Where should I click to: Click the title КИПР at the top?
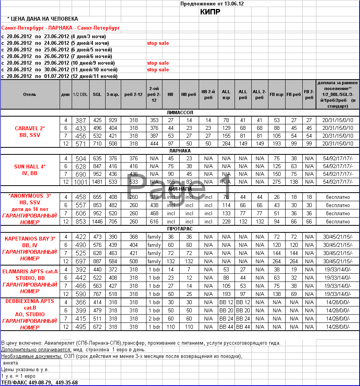pyautogui.click(x=210, y=12)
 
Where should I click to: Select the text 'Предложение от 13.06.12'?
pyautogui.click(x=212, y=4)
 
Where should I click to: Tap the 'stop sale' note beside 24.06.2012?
pyautogui.click(x=158, y=43)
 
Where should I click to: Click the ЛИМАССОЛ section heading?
pyautogui.click(x=180, y=113)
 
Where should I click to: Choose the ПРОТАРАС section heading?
pyautogui.click(x=180, y=229)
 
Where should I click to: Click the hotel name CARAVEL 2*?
pyautogui.click(x=30, y=128)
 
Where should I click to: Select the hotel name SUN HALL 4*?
pyautogui.click(x=30, y=166)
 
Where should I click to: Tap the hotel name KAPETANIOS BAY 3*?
pyautogui.click(x=30, y=239)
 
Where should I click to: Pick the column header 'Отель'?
pyautogui.click(x=30, y=94)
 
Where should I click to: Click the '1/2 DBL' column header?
pyautogui.click(x=80, y=94)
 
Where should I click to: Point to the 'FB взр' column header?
pyautogui.click(x=277, y=94)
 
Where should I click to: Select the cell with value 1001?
pyautogui.click(x=81, y=182)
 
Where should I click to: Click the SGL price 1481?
pyautogui.click(x=97, y=182)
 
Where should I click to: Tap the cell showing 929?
pyautogui.click(x=113, y=120)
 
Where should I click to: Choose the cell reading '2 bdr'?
pyautogui.click(x=154, y=319)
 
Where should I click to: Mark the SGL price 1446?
pyautogui.click(x=97, y=222)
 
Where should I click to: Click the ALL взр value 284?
pyautogui.click(x=226, y=143)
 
